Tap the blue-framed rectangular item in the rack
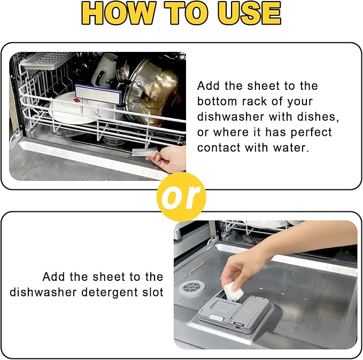point(99,94)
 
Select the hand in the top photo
point(167,159)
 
